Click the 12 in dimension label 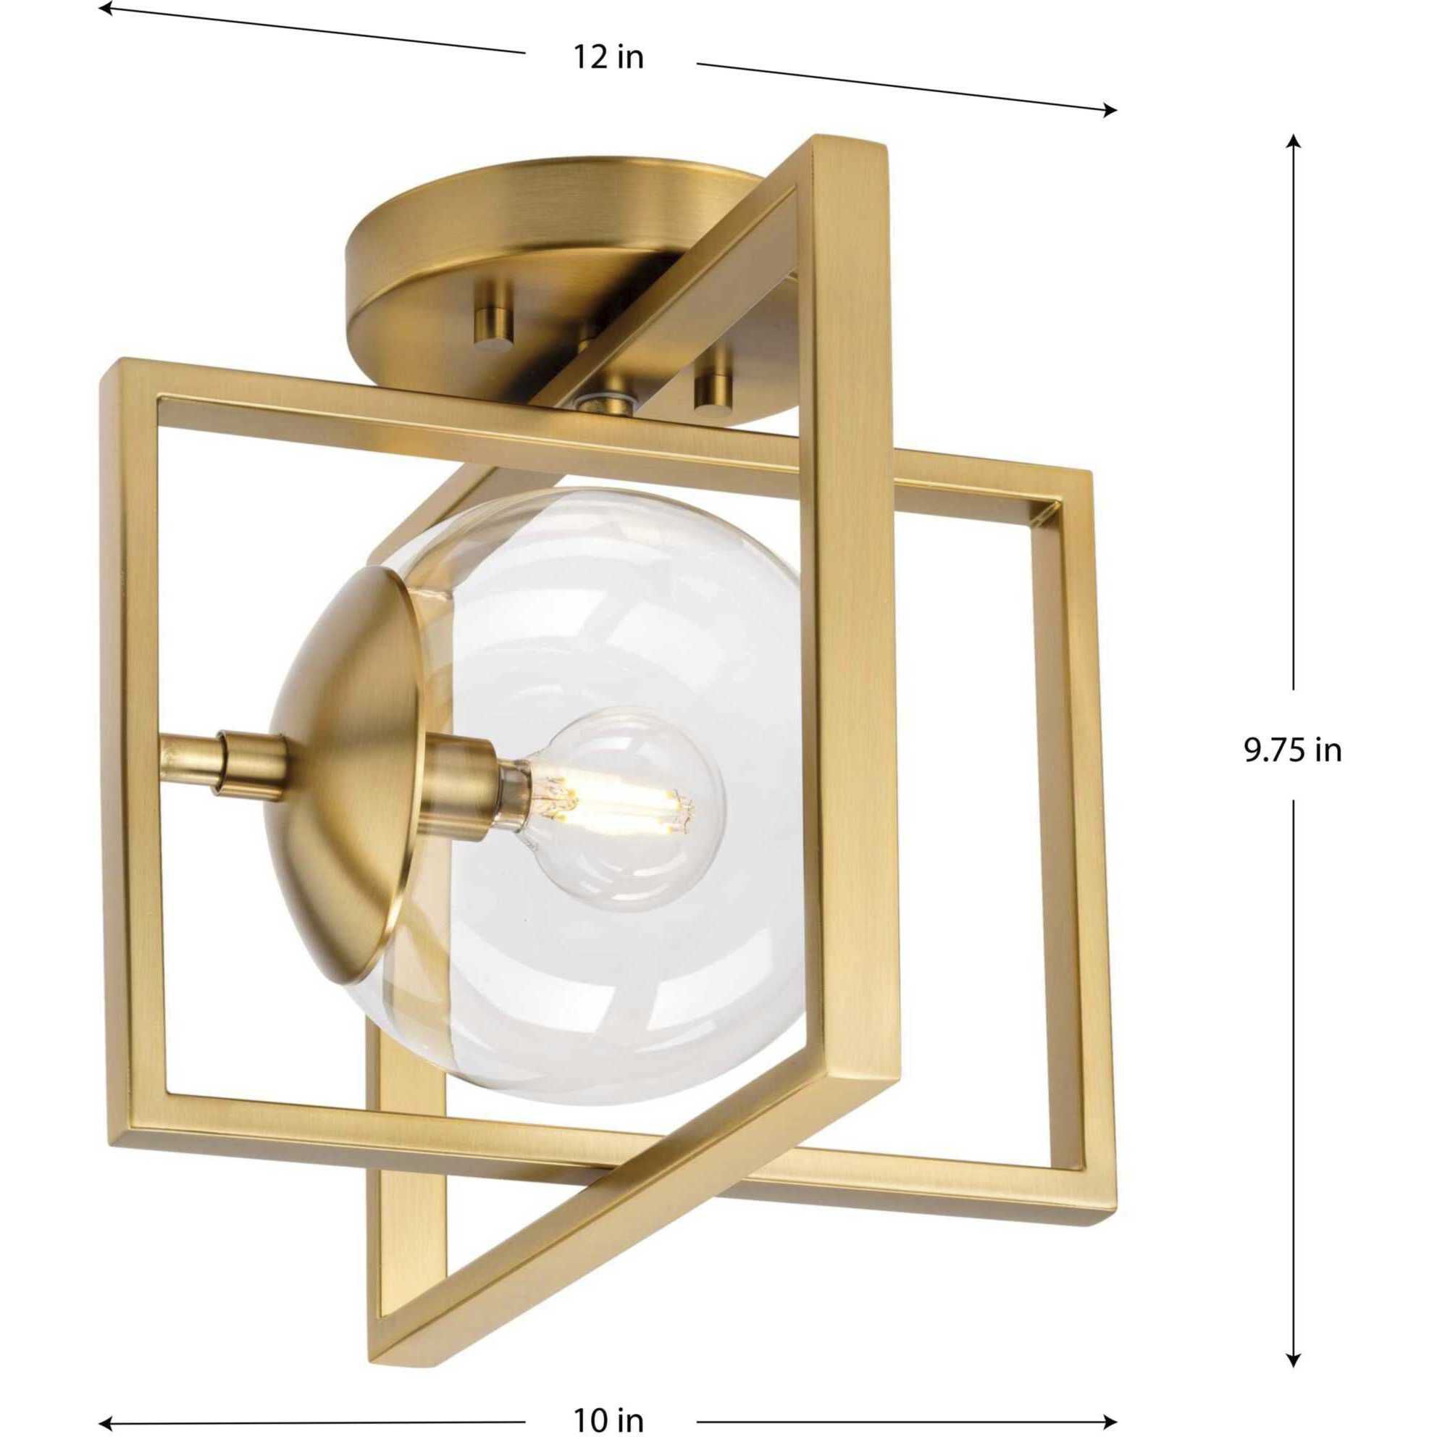point(608,57)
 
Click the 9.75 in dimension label point(1293,750)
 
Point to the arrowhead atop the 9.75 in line point(1294,141)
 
